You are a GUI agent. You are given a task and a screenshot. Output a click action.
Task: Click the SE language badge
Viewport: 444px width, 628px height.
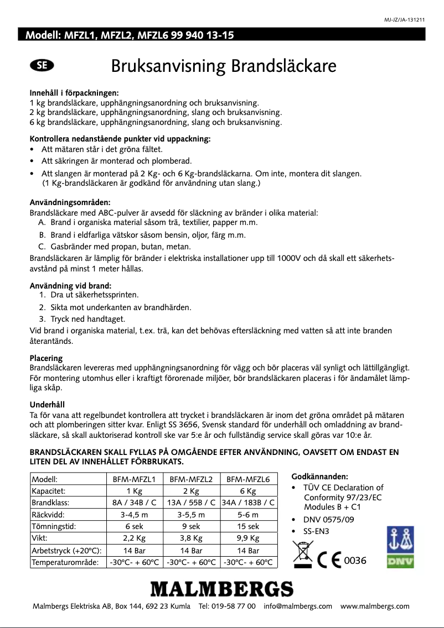(x=42, y=66)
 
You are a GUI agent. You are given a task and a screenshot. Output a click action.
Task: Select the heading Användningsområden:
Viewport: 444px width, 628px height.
(x=69, y=202)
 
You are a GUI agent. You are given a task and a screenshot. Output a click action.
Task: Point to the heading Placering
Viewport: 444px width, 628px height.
(x=45, y=358)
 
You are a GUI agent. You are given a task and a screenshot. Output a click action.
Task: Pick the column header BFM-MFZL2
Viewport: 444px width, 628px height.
(x=191, y=479)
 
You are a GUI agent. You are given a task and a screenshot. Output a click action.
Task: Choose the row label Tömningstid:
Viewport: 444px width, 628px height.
(x=54, y=526)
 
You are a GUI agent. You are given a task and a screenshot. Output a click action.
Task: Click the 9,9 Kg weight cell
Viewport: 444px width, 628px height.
(x=247, y=537)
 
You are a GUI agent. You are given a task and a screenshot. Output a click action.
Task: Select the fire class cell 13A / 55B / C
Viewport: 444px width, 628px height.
(x=191, y=503)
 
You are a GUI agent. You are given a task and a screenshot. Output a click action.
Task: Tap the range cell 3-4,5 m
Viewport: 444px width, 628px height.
(x=133, y=514)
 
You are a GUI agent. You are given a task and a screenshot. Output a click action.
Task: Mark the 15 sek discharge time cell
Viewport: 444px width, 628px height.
(x=247, y=526)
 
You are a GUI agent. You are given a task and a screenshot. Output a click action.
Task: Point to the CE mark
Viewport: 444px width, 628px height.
(x=329, y=561)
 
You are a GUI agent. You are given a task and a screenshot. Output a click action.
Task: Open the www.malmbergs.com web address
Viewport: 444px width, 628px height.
(x=375, y=606)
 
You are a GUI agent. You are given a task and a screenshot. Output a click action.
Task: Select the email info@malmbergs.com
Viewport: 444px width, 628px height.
(x=298, y=606)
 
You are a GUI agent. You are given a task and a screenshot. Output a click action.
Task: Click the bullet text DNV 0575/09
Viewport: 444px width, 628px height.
(x=328, y=520)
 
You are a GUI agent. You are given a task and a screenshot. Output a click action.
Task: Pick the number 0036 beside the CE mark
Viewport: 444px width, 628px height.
(x=355, y=561)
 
